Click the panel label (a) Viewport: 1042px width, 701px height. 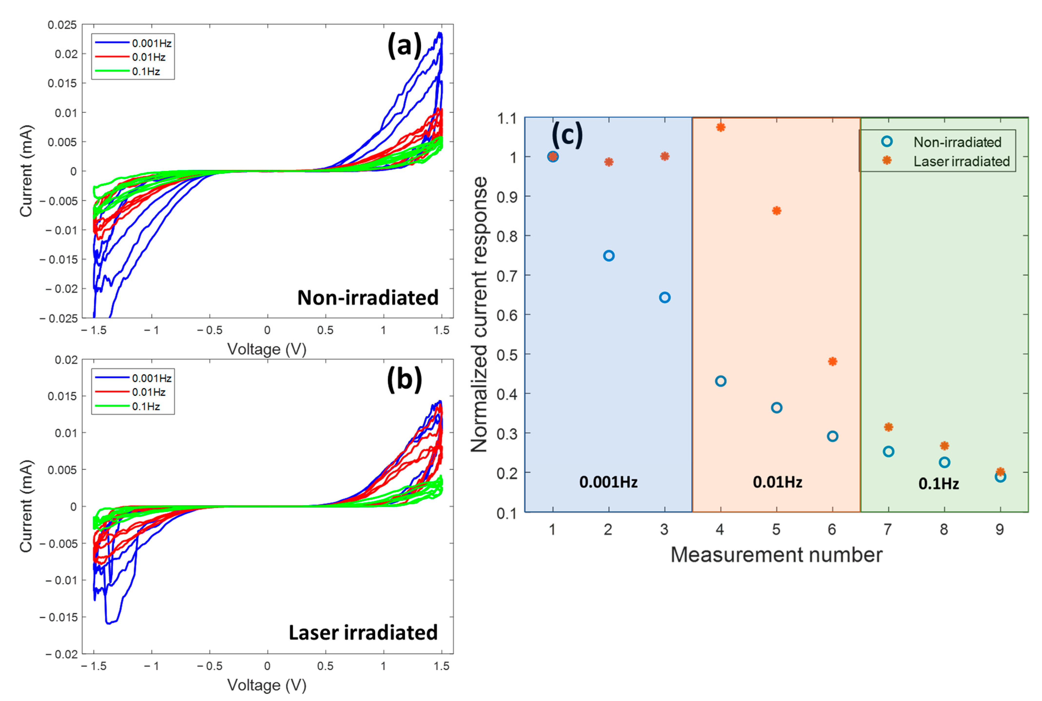(404, 45)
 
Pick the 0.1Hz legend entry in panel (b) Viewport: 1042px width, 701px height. (146, 406)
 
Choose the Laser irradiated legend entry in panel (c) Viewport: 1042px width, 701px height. (961, 161)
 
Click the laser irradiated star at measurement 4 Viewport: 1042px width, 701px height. (720, 127)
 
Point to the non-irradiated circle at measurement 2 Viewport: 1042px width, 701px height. (608, 256)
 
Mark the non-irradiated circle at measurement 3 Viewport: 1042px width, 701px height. (664, 298)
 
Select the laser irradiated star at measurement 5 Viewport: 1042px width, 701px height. (776, 211)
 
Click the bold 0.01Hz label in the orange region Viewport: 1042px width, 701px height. (777, 482)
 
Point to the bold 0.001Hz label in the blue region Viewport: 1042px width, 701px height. (608, 482)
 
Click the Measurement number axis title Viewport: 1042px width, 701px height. (776, 555)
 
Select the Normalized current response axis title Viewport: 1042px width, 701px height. (479, 314)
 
